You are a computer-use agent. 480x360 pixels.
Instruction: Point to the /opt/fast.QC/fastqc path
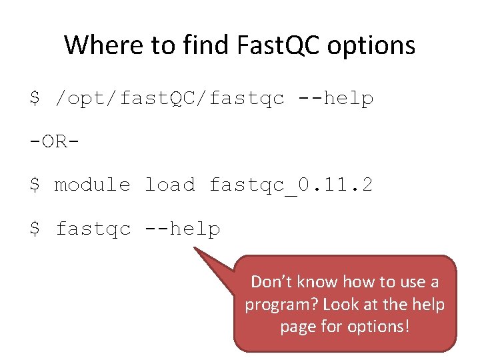pyautogui.click(x=170, y=99)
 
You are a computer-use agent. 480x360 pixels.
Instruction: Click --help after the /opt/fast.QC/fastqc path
pyautogui.click(x=335, y=98)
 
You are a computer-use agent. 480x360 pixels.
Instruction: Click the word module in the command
pyautogui.click(x=92, y=185)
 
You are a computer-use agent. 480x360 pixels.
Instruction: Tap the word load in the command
pyautogui.click(x=170, y=185)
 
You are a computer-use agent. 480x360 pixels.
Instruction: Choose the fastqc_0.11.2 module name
pyautogui.click(x=291, y=185)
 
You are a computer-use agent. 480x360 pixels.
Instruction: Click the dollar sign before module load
pyautogui.click(x=35, y=185)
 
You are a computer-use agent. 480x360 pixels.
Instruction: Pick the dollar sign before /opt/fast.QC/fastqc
pyautogui.click(x=35, y=99)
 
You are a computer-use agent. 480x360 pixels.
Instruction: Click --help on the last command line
pyautogui.click(x=182, y=229)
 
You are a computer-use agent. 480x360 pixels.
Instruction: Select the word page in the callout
pyautogui.click(x=297, y=327)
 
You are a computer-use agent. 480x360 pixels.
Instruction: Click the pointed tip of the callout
pyautogui.click(x=195, y=249)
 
